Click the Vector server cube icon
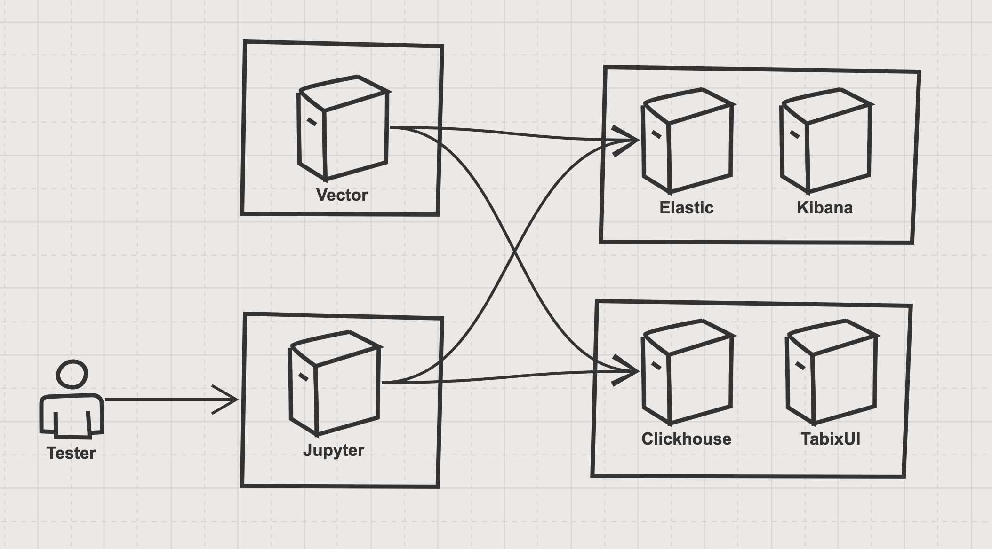click(343, 128)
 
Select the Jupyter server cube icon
click(335, 384)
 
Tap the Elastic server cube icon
click(687, 141)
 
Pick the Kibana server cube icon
click(825, 141)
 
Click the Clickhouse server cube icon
click(687, 372)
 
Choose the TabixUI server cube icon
click(831, 372)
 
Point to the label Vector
click(342, 195)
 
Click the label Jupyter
click(334, 450)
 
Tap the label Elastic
click(687, 208)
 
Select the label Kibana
click(825, 208)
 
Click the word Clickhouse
click(687, 439)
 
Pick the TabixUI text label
click(831, 439)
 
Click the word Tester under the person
click(71, 453)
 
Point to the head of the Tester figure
click(72, 375)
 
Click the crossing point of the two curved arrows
click(515, 251)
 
